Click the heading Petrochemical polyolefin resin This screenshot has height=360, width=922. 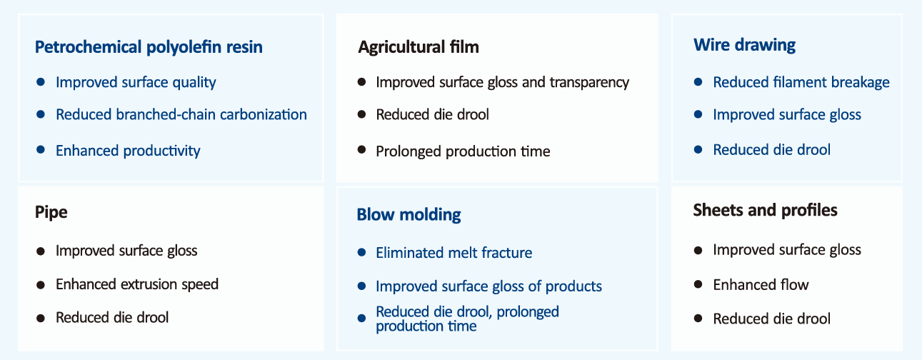(149, 47)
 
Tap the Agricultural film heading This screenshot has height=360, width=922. (419, 47)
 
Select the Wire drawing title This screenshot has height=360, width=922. (744, 45)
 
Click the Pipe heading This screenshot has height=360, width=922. (51, 213)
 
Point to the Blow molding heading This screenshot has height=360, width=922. (409, 215)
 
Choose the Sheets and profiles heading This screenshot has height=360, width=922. (765, 211)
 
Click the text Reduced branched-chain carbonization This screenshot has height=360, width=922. (181, 114)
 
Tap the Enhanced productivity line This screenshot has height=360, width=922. (128, 151)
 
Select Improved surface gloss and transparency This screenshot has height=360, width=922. (503, 82)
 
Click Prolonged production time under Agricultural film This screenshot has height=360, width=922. (463, 151)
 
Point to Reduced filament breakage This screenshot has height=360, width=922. (801, 82)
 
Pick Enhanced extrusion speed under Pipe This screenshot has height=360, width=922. (137, 284)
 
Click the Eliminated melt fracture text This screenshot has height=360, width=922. (454, 252)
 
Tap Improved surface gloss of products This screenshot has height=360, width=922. (489, 286)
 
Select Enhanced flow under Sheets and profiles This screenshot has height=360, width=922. (761, 284)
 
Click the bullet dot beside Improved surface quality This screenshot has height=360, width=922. (40, 82)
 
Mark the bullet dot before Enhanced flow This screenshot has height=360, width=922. (698, 284)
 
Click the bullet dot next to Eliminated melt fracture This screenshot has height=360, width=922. (361, 252)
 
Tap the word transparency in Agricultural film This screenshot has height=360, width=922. (589, 83)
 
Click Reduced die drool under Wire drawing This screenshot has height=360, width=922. (772, 149)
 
